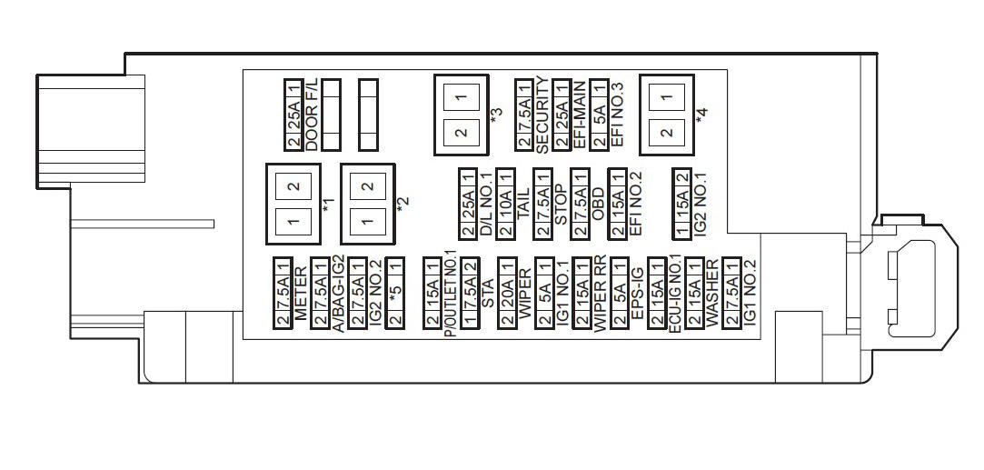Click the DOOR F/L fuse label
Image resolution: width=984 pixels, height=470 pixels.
pos(312,115)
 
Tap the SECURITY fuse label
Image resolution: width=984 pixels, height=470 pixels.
pos(542,115)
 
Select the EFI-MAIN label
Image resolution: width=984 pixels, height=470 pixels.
pos(580,115)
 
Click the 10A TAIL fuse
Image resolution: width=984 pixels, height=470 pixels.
pos(506,204)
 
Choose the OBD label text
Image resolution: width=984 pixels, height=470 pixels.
pos(598,204)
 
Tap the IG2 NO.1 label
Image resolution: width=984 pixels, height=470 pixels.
pos(701,204)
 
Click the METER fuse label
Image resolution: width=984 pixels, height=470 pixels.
pos(301,293)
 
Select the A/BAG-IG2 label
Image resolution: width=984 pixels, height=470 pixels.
pos(338,293)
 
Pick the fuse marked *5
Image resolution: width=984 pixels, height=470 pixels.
pos(394,293)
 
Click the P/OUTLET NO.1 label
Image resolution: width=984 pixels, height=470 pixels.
pos(450,293)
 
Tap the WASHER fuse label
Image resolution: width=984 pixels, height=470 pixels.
pos(711,293)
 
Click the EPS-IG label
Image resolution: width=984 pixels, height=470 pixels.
pos(637,293)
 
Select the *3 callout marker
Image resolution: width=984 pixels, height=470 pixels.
pos(496,115)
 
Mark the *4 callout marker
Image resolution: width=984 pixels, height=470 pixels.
pos(701,115)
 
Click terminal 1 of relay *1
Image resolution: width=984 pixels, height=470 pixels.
pos(293,221)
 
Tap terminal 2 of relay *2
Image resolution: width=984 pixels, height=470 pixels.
pos(368,185)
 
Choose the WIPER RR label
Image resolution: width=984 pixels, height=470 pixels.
pos(600,293)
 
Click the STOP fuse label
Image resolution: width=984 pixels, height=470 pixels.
pos(561,204)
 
